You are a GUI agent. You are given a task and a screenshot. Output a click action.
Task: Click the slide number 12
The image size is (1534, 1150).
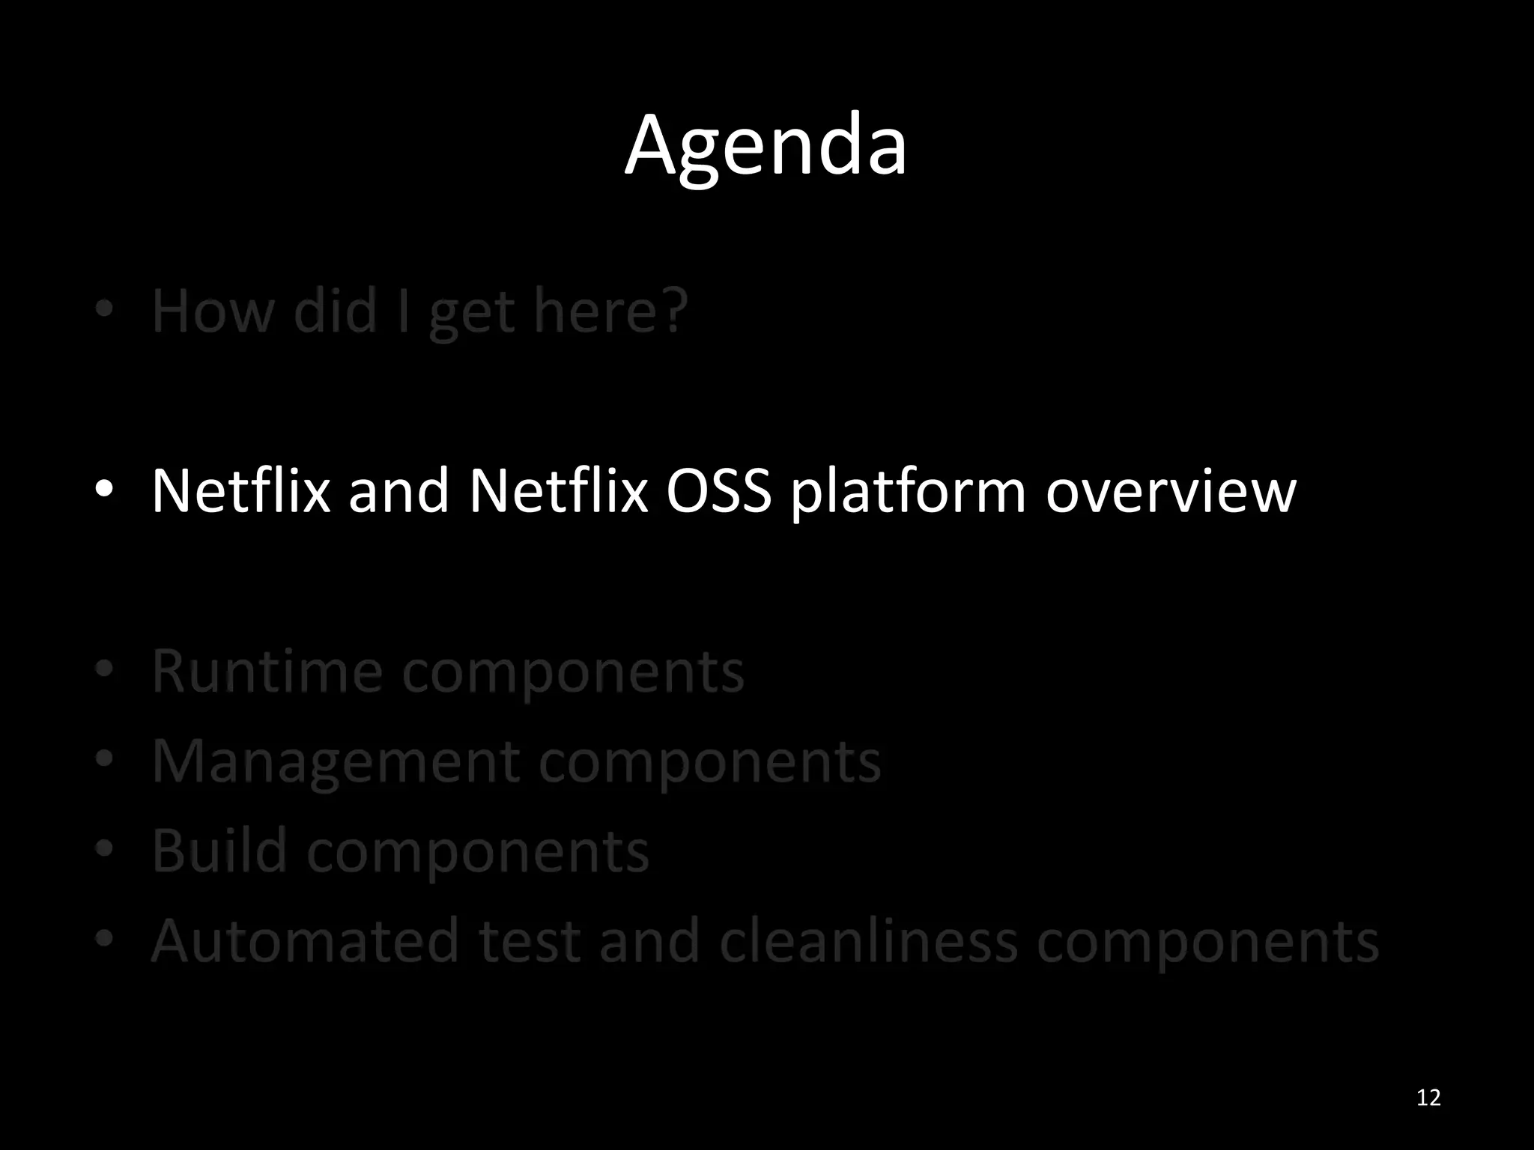coord(1428,1098)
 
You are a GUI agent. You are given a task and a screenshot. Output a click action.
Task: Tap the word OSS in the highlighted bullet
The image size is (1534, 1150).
coord(718,491)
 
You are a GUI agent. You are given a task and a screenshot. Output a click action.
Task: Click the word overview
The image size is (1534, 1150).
coord(1170,491)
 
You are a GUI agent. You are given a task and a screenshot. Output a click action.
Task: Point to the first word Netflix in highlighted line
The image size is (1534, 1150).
coord(240,491)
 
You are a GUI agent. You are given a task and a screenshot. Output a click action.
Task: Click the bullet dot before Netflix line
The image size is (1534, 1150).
coord(104,490)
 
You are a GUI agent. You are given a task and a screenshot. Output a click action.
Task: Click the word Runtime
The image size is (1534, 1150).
coord(267,672)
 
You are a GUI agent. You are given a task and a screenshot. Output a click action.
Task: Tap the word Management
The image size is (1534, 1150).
coord(336,762)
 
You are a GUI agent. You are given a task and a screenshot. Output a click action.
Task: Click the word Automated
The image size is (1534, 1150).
coord(305,941)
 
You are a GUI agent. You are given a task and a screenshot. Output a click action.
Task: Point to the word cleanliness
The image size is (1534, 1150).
coord(868,941)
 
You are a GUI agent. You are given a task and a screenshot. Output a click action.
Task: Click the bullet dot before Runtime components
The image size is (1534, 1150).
coord(104,669)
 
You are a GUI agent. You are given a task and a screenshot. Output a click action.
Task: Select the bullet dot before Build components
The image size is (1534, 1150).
coord(104,848)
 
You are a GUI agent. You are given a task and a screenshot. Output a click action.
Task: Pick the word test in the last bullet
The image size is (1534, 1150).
coord(530,941)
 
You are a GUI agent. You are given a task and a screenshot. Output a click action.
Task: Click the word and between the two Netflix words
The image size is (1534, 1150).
coord(398,491)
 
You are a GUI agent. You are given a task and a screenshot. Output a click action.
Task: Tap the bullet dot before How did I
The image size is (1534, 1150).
coord(104,308)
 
